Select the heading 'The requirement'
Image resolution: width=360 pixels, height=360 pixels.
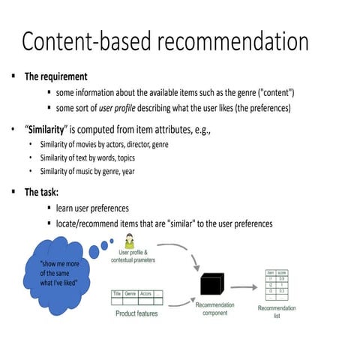pos(55,76)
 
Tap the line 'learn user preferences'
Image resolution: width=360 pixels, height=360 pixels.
pos(92,208)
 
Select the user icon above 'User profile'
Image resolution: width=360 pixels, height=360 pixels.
pos(129,241)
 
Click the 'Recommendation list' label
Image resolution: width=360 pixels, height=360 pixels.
pos(277,312)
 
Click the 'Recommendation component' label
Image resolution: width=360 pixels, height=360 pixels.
pos(215,309)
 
